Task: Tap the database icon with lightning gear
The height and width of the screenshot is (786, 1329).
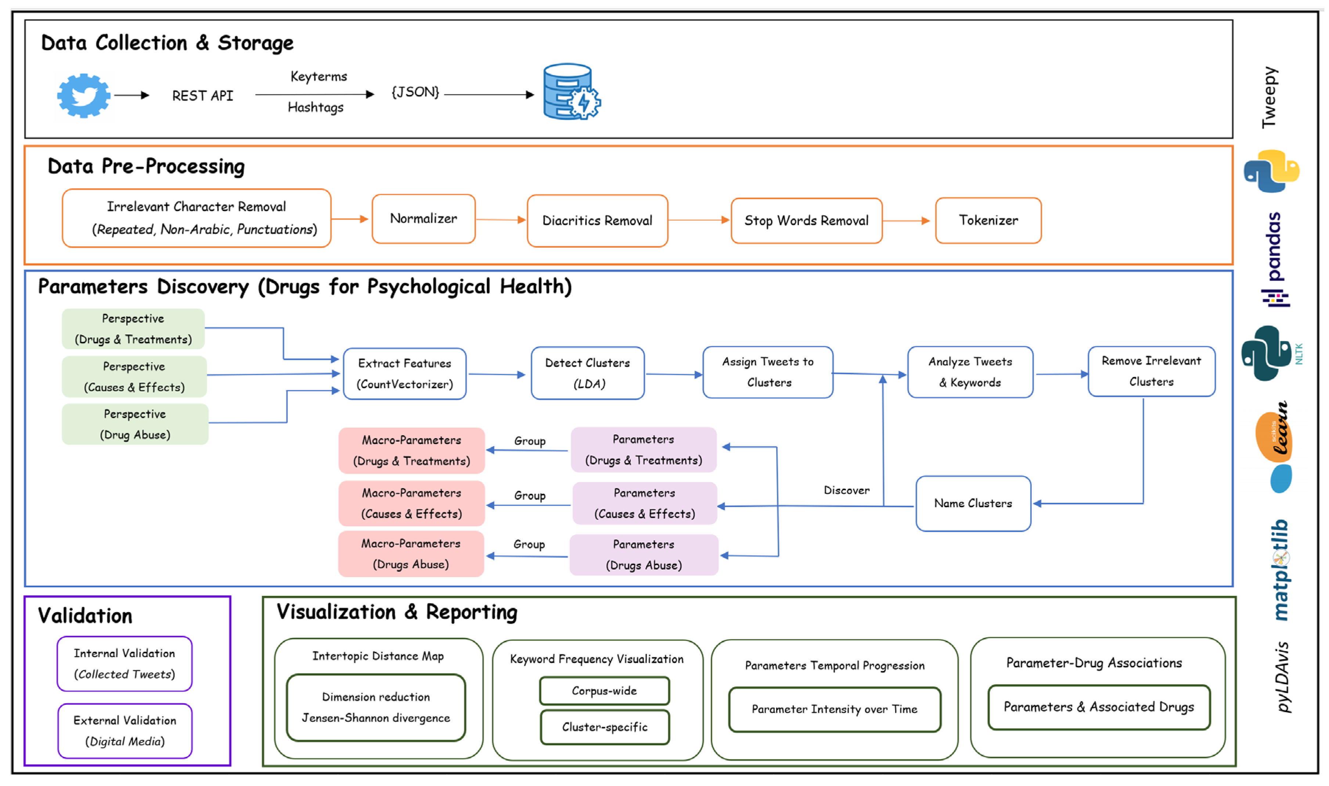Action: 570,92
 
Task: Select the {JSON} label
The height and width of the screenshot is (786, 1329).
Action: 415,92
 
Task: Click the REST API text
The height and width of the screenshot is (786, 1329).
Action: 202,96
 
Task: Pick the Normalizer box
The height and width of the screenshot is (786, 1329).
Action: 423,219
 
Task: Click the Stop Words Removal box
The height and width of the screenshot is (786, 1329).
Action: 806,221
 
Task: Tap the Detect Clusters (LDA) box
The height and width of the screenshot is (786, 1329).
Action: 587,373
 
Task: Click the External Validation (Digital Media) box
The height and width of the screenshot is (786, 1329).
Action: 125,731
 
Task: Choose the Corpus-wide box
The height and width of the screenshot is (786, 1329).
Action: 604,691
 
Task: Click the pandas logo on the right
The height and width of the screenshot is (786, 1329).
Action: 1275,259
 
